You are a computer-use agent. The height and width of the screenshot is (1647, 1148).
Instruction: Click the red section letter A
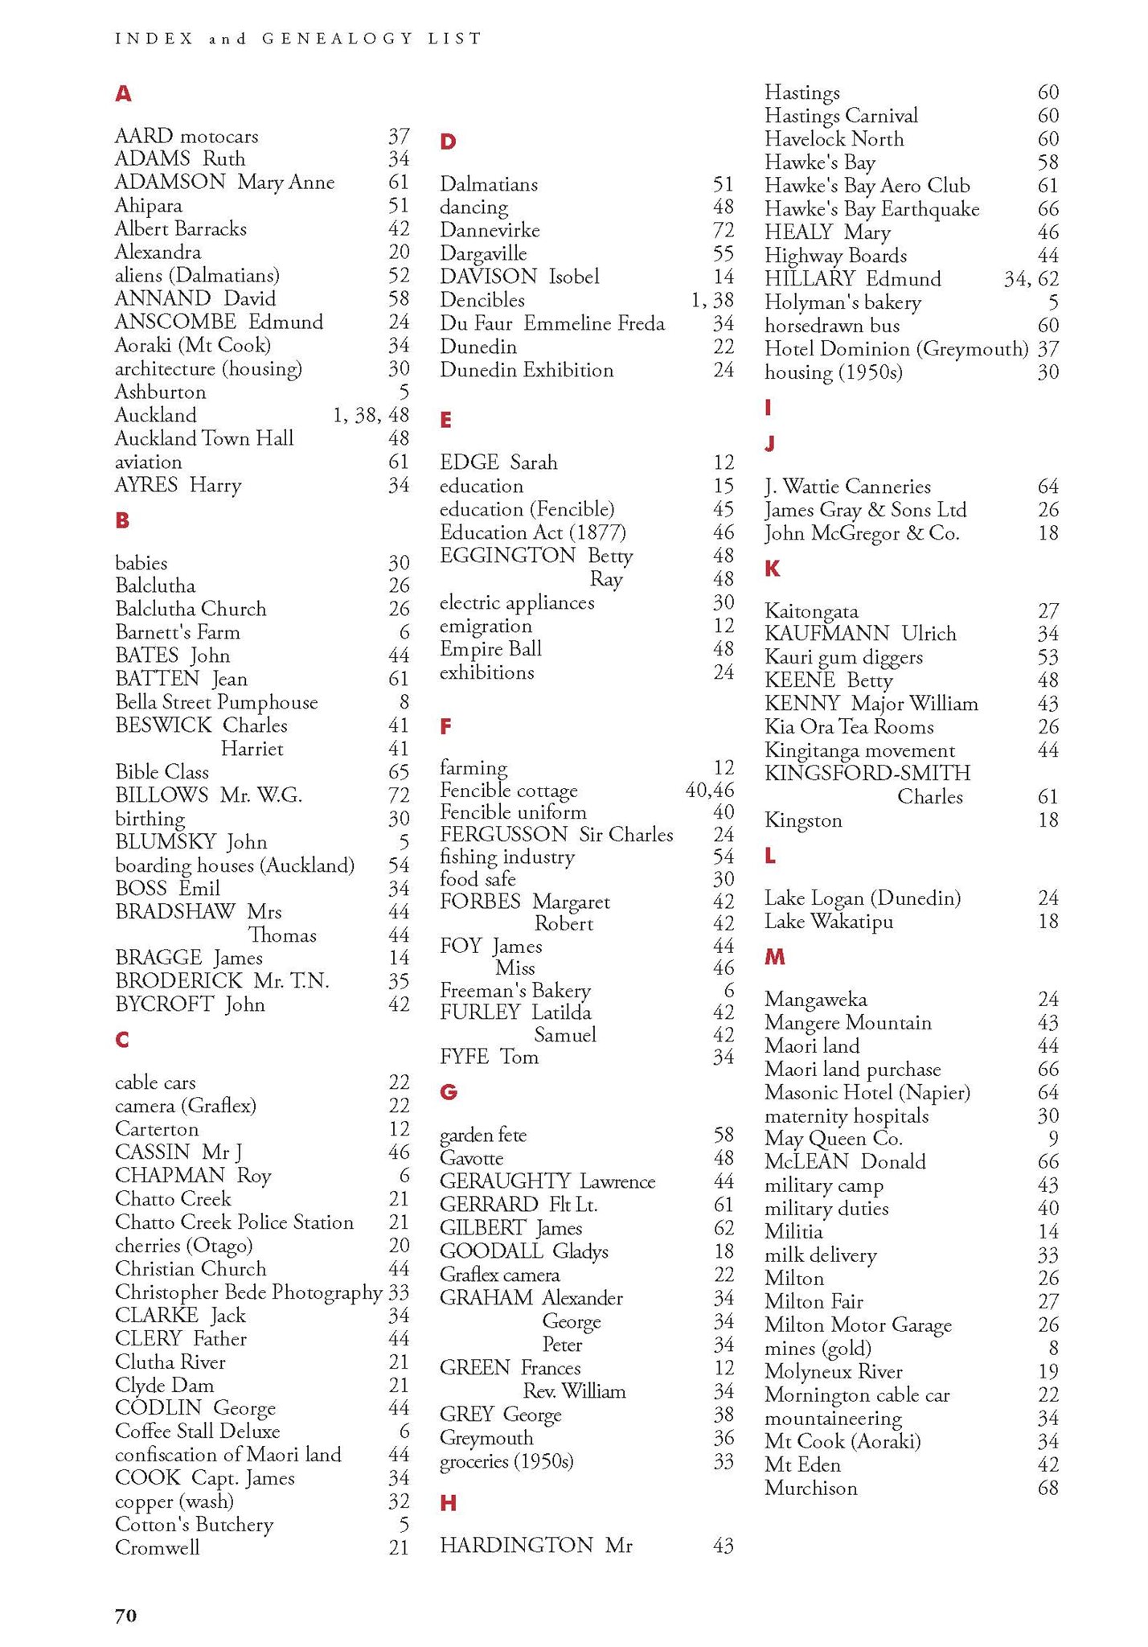(x=123, y=94)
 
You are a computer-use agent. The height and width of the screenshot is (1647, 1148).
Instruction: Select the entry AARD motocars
(x=187, y=136)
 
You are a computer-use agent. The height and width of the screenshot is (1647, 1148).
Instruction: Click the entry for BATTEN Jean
(x=181, y=679)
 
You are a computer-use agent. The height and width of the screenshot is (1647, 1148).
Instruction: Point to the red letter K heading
(x=772, y=569)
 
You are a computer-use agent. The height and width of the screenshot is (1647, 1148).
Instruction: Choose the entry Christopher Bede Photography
(x=248, y=1292)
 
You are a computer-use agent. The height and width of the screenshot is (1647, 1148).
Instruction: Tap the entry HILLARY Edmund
(x=852, y=279)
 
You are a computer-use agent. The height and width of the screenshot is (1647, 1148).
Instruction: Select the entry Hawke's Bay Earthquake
(x=871, y=209)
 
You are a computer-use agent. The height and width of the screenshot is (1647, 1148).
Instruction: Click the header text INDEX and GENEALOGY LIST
(x=298, y=38)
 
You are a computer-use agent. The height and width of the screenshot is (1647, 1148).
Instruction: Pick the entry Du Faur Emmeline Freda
(x=551, y=323)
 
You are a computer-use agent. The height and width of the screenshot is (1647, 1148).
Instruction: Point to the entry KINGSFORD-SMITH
(x=867, y=774)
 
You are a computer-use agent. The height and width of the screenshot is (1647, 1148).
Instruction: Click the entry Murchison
(x=810, y=1488)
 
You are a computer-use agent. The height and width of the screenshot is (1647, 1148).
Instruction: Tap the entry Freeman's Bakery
(x=515, y=990)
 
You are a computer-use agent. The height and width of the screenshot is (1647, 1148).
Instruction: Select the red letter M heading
(x=774, y=957)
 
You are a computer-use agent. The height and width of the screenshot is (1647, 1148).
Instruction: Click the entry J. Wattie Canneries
(x=847, y=487)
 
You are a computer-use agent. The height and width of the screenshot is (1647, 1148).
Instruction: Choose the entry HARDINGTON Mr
(x=535, y=1545)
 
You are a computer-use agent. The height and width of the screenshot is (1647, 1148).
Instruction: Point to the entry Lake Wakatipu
(x=828, y=921)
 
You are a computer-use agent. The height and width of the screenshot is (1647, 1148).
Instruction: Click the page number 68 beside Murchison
(x=1048, y=1488)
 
